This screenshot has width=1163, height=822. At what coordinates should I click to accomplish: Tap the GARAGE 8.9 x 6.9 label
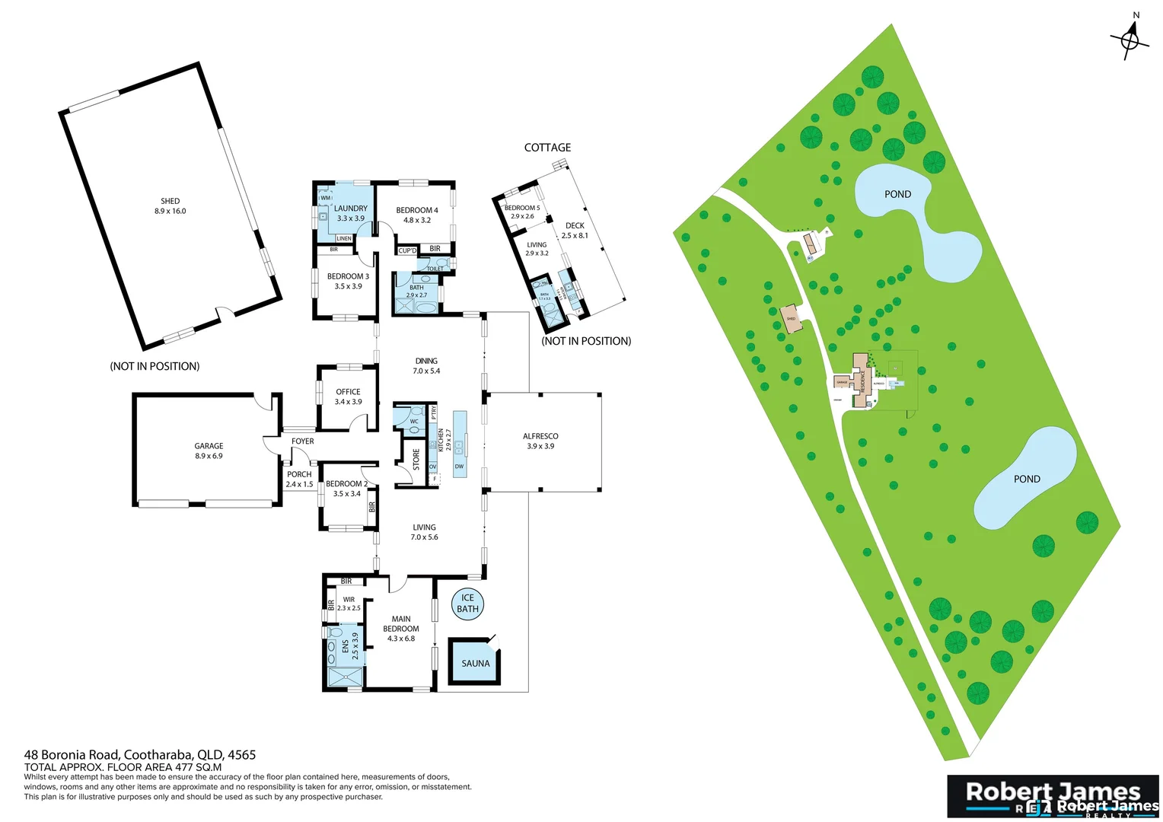click(209, 451)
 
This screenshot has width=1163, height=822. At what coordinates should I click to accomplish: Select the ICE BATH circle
click(467, 604)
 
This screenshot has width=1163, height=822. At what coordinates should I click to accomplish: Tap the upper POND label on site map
click(897, 194)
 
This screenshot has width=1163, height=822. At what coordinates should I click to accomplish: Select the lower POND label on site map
click(1026, 479)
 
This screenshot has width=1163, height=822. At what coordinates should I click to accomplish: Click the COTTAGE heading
click(547, 148)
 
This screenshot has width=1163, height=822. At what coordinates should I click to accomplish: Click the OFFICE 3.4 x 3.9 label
click(348, 397)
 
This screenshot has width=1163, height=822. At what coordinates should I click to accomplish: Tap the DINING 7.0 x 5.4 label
click(426, 366)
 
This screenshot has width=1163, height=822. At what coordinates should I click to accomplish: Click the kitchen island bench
click(459, 444)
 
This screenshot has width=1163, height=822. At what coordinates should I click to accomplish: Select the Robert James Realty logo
click(1053, 796)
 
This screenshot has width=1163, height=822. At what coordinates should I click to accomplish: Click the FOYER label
click(302, 441)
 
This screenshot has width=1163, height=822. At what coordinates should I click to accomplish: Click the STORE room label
click(416, 459)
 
